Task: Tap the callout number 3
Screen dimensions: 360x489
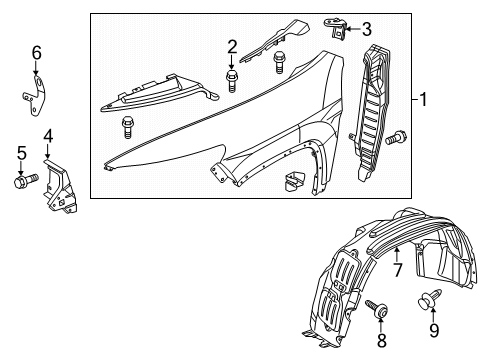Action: [x=366, y=29]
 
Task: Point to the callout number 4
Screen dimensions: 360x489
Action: [x=46, y=134]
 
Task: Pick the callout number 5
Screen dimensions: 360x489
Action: [x=21, y=153]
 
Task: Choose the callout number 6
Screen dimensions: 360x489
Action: [x=36, y=52]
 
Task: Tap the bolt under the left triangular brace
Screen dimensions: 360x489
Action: [x=128, y=126]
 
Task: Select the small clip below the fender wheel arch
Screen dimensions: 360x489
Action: [x=293, y=183]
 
